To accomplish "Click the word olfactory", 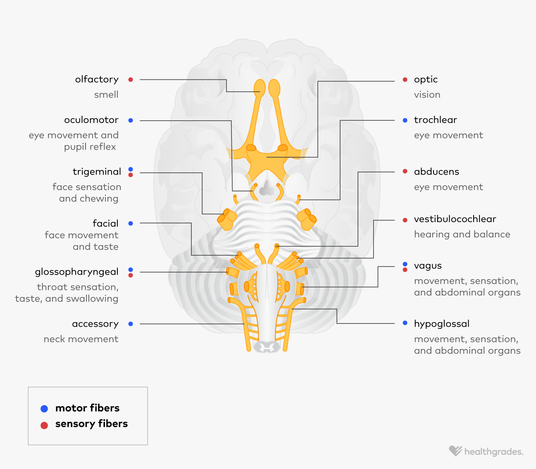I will [x=97, y=79].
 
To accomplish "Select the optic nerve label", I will [x=426, y=79].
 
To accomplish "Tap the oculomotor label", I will [x=91, y=120].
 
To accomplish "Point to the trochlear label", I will [x=435, y=120].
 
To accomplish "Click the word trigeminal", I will [x=97, y=172].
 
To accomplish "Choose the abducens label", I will [x=436, y=172].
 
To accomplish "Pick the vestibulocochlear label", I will [x=455, y=219].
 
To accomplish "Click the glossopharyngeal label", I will [x=76, y=272].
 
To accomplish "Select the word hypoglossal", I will [x=441, y=324].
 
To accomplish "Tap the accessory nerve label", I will [x=95, y=324].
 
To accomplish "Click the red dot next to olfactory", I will [x=131, y=79].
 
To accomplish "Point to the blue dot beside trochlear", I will [x=405, y=120].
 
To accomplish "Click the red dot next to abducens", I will [x=405, y=171].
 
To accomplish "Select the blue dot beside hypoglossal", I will [x=405, y=323].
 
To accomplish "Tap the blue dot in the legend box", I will [x=44, y=409].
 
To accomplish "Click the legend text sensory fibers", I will [x=91, y=424].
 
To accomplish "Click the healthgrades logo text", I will [x=493, y=452].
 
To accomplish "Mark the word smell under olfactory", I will [x=106, y=95].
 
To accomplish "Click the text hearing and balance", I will [x=462, y=234].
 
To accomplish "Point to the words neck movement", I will [x=81, y=339].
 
